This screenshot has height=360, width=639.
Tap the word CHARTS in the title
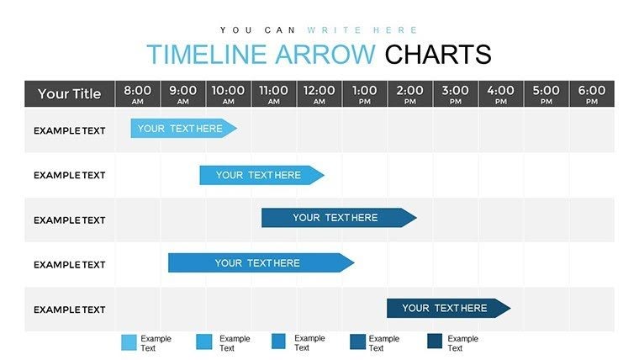pos(437,55)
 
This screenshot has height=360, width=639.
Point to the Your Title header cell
pos(69,93)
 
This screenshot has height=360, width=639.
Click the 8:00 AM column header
pos(138,93)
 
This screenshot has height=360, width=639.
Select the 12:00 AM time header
pos(319,93)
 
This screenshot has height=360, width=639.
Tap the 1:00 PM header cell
pos(364,93)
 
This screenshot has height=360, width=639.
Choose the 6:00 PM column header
pos(591,93)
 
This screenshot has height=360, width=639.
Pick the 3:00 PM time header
pos(455,93)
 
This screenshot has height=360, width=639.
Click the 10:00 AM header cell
pos(228,93)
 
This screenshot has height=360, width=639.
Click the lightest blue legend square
pos(129,342)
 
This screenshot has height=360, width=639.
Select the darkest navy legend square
pos(435,342)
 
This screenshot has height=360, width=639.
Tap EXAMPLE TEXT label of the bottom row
pos(69,310)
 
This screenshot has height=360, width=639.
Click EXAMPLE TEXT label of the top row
pos(69,130)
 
